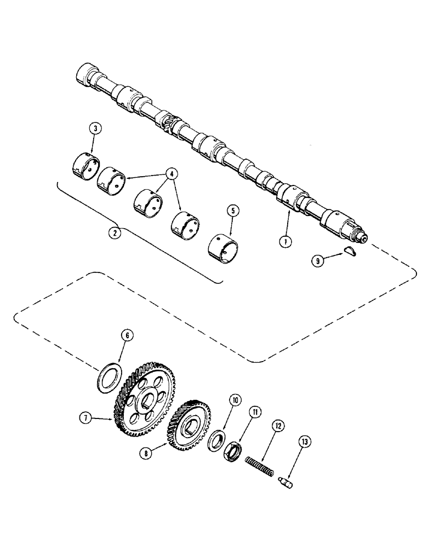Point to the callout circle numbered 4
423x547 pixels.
click(x=172, y=174)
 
